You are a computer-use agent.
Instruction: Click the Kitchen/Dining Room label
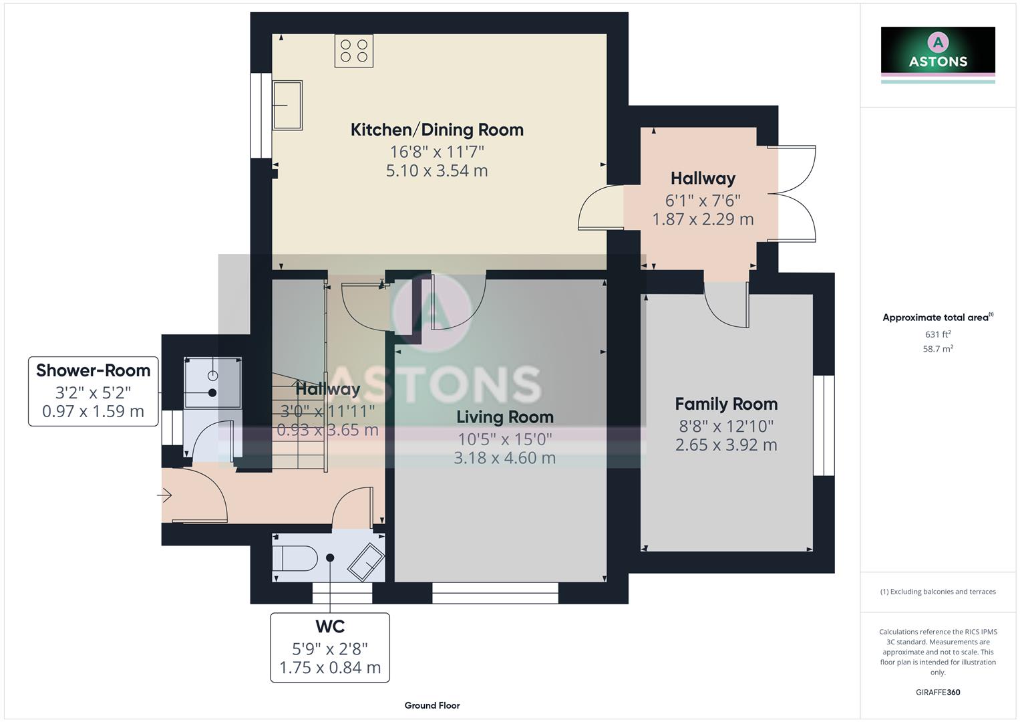tap(437, 130)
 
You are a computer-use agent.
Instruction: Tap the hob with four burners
tap(354, 51)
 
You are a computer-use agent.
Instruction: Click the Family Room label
tap(726, 404)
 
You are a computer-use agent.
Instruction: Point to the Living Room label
tap(505, 417)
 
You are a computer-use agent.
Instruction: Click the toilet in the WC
tap(295, 558)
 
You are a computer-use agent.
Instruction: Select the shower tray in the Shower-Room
tap(212, 382)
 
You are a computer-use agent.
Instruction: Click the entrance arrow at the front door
tap(165, 495)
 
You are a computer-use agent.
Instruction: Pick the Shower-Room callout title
tap(93, 370)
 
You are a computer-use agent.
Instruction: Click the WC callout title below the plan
tap(330, 626)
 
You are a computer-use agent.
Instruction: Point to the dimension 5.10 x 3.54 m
tap(437, 170)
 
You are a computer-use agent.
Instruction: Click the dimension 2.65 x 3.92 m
tap(726, 445)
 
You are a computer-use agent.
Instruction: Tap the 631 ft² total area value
tap(938, 334)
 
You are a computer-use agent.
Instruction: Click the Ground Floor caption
tap(432, 705)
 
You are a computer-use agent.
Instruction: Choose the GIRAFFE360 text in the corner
tap(938, 692)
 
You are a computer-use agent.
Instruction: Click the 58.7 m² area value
tap(938, 349)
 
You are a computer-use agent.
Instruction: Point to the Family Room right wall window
tap(824, 425)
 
